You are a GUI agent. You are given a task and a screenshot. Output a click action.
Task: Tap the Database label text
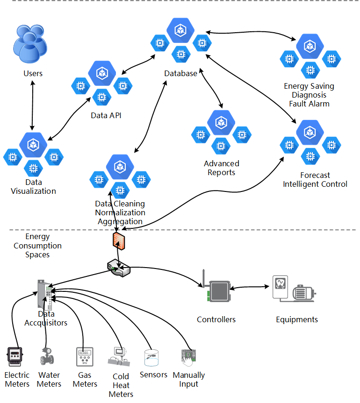180,73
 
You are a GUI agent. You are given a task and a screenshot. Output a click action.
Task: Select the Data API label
106,115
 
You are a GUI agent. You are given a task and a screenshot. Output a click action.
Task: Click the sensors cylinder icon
151,358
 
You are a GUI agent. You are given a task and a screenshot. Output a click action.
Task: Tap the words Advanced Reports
221,168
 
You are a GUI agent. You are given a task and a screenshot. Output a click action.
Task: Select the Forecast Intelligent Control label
315,180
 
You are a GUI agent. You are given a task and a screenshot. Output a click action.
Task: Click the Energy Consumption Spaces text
37,246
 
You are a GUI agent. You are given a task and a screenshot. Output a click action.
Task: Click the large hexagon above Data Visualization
33,145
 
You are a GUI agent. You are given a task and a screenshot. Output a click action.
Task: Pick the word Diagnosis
309,95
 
